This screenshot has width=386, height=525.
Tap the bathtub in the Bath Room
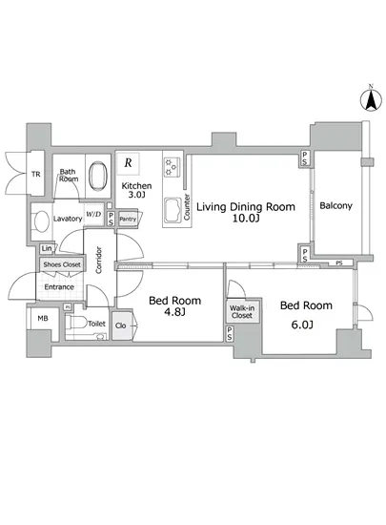tap(98, 177)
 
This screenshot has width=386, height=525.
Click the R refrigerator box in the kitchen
tap(128, 163)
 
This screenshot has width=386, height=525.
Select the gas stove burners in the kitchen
tap(172, 167)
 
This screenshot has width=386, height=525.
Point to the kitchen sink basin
tap(173, 210)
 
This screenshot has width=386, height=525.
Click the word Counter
tap(187, 207)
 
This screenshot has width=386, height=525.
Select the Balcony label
tap(335, 205)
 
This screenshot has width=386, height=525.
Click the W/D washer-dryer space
tap(93, 214)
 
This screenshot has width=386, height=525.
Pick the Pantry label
tap(128, 220)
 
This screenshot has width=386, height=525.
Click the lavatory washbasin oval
tap(41, 221)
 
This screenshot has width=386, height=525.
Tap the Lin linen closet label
tap(47, 248)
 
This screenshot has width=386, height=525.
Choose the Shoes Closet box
tap(62, 264)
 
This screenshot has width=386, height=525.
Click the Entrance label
tap(59, 287)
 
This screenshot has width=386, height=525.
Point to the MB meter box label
tap(43, 319)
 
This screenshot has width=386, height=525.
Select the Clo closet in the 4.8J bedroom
tap(122, 325)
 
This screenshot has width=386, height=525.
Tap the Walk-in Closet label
tap(242, 312)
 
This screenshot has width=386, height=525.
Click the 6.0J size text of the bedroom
tap(302, 325)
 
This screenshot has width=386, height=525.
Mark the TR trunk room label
tap(36, 174)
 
